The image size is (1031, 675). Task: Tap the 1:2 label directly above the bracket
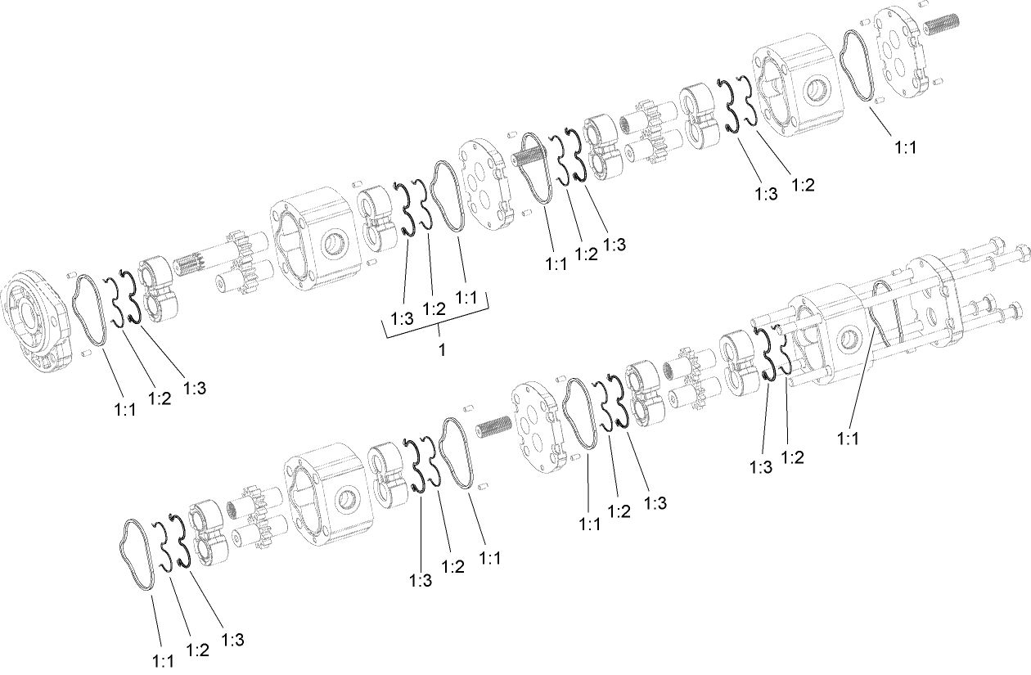point(434,308)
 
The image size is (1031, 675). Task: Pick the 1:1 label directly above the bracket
point(466,299)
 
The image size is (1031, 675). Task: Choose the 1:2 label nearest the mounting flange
point(160,398)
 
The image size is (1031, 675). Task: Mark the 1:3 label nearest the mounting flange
point(194,388)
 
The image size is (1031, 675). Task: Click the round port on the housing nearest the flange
point(334,243)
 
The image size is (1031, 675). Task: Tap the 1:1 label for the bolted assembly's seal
point(849,439)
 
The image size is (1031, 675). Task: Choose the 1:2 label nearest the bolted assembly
point(792,457)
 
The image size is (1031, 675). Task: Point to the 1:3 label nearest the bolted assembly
point(760,467)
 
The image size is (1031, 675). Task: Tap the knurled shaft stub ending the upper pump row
point(941,25)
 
